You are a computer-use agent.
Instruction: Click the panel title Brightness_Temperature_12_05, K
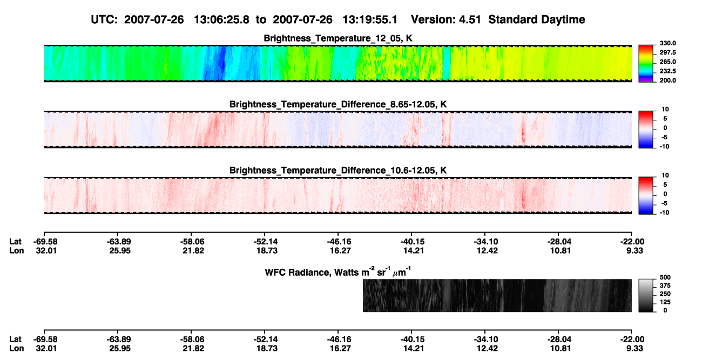(338, 38)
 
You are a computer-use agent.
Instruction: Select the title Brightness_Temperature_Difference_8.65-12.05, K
(338, 104)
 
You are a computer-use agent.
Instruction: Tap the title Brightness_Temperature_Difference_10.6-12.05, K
(338, 171)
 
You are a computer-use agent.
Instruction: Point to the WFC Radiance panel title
(338, 272)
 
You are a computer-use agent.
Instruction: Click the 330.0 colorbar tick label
(667, 43)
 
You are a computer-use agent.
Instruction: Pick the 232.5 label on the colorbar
(667, 71)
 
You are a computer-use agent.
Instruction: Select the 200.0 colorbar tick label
(667, 80)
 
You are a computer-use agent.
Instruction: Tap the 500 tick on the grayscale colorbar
(665, 277)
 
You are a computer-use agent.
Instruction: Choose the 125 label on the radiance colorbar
(665, 302)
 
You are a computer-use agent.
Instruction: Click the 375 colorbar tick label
(665, 286)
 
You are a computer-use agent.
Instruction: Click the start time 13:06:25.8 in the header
(221, 20)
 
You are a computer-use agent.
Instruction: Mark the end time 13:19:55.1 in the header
(370, 20)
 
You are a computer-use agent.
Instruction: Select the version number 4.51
(470, 20)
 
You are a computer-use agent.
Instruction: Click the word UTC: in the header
(104, 20)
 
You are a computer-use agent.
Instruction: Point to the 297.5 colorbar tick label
(667, 53)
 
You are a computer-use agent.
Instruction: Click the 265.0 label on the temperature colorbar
(667, 62)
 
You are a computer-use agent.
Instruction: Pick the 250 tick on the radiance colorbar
(665, 294)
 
